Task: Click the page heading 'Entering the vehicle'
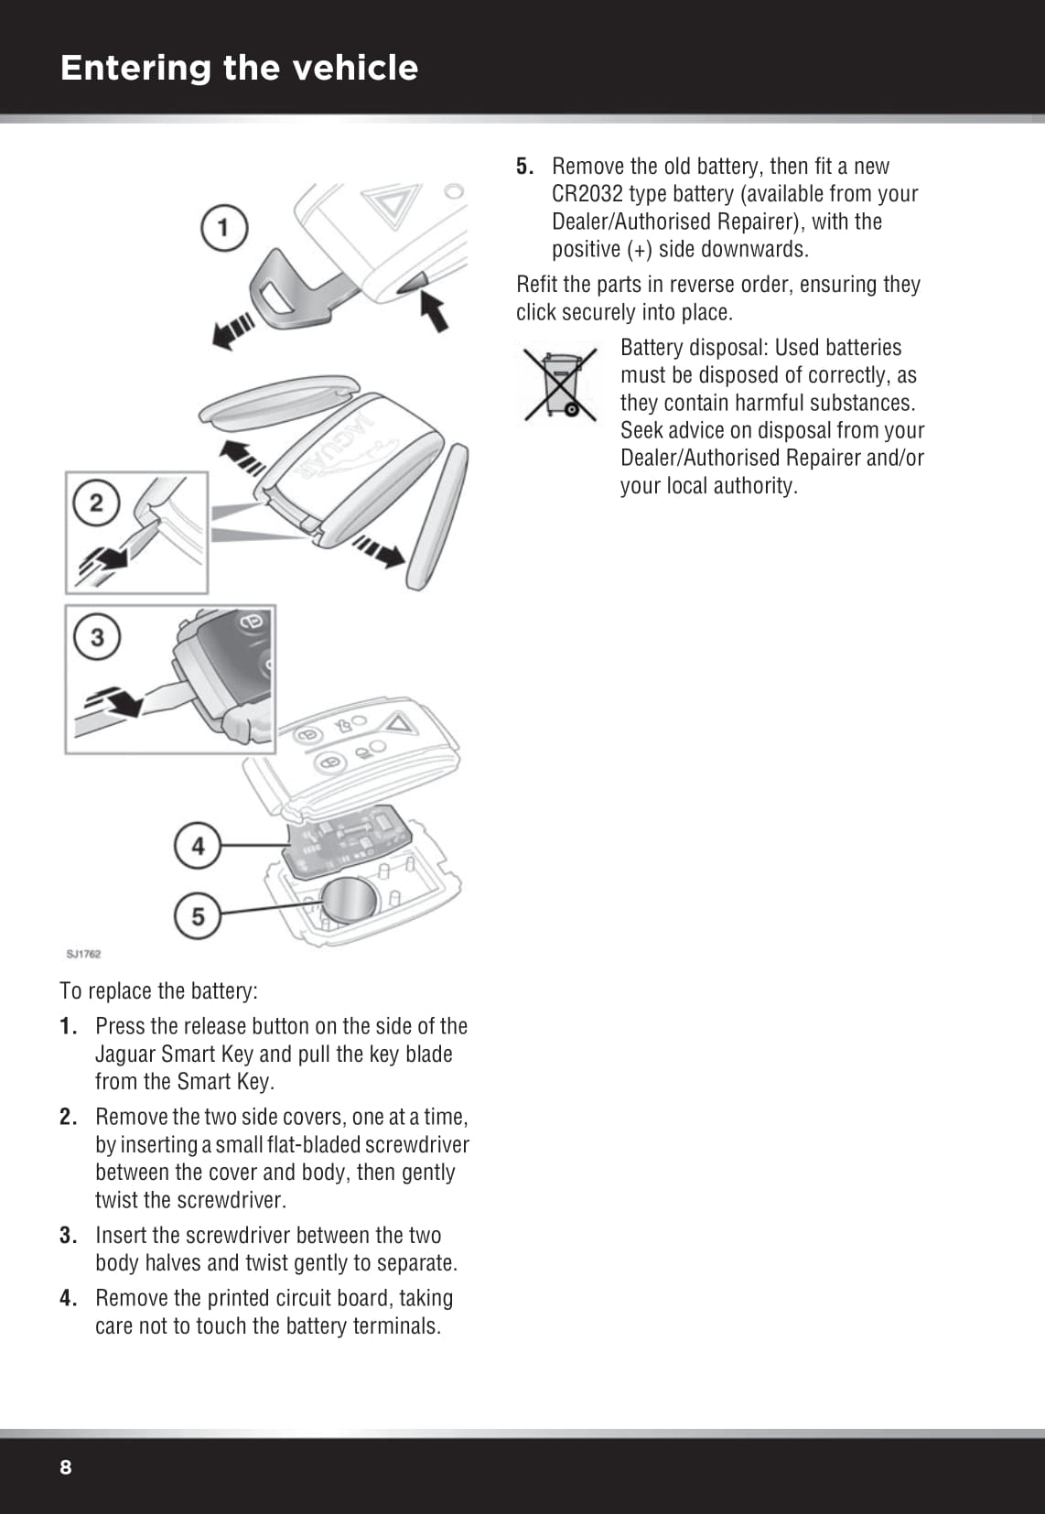[239, 68]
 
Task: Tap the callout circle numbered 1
[224, 226]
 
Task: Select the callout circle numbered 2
[96, 503]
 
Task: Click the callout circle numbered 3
[97, 636]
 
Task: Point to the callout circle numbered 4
[198, 846]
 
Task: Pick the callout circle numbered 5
[198, 915]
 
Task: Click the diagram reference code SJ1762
[83, 954]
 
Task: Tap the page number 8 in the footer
[65, 1467]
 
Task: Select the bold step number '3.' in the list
[68, 1236]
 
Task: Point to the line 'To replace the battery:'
[158, 991]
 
